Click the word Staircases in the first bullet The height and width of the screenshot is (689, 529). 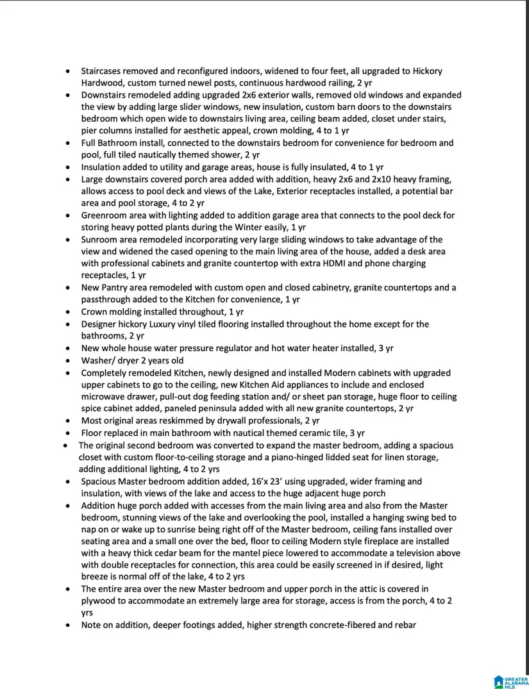[x=103, y=71]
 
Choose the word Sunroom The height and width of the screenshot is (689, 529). [x=100, y=239]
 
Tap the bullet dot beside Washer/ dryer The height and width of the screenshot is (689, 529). [x=69, y=360]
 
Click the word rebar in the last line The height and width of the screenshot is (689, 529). [x=405, y=626]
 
